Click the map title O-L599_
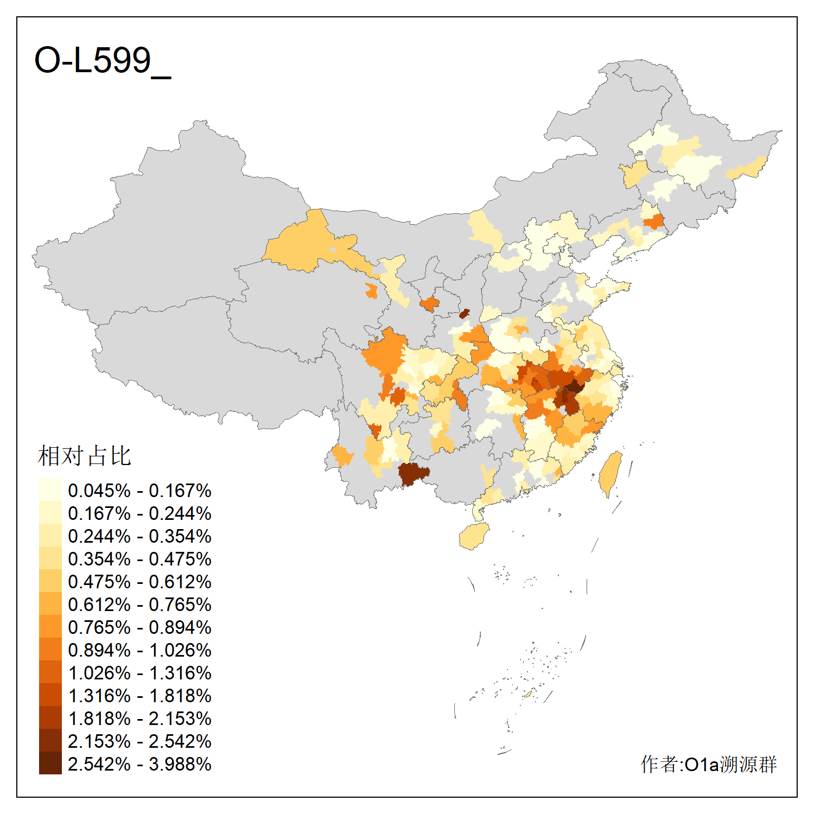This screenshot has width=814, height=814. click(x=102, y=61)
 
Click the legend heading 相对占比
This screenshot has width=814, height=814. click(x=85, y=456)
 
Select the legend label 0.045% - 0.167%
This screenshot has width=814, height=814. click(x=139, y=491)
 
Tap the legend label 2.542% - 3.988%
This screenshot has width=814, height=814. click(x=139, y=764)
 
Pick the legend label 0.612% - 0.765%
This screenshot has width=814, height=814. click(x=139, y=605)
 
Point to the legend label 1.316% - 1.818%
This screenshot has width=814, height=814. click(x=139, y=696)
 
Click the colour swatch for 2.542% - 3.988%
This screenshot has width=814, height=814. click(x=50, y=764)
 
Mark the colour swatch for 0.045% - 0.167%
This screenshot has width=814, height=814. click(x=50, y=489)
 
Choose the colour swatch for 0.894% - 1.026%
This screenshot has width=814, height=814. click(x=50, y=650)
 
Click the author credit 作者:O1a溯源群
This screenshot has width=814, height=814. click(x=708, y=764)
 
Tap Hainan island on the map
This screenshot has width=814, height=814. click(x=474, y=536)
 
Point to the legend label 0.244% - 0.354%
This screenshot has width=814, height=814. click(x=139, y=536)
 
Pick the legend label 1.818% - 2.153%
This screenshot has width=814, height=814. click(x=139, y=718)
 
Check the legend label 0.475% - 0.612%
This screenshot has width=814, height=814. click(x=139, y=582)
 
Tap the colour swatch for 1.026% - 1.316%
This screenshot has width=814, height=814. click(x=50, y=672)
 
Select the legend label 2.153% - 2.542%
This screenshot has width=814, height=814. click(x=139, y=741)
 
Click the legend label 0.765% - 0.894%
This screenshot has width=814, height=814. click(x=139, y=627)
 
